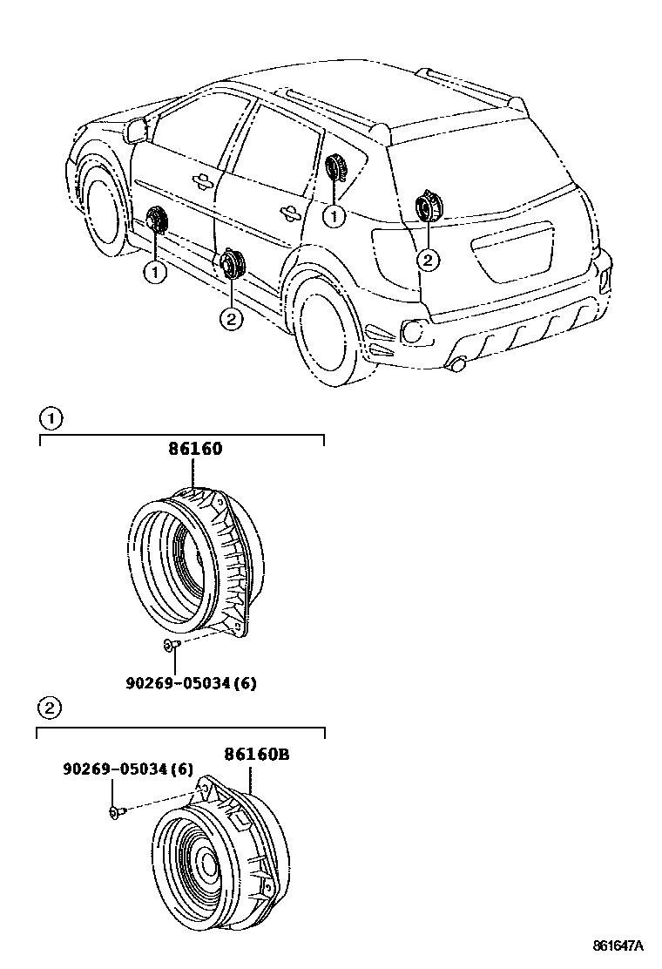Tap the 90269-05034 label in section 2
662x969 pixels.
click(x=127, y=769)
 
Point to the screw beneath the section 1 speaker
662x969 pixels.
click(x=171, y=644)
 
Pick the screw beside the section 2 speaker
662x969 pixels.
click(x=117, y=811)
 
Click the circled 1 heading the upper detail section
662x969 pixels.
click(x=51, y=419)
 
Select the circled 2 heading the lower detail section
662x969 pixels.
click(x=51, y=708)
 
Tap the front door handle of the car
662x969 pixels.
click(x=202, y=180)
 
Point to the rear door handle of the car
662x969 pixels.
click(x=286, y=210)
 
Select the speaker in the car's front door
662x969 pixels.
click(x=157, y=221)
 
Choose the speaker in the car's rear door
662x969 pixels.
click(x=233, y=262)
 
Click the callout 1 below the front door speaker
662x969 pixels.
click(x=155, y=273)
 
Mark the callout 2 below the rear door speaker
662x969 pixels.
click(x=231, y=319)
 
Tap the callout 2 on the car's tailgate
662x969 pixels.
click(x=427, y=258)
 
